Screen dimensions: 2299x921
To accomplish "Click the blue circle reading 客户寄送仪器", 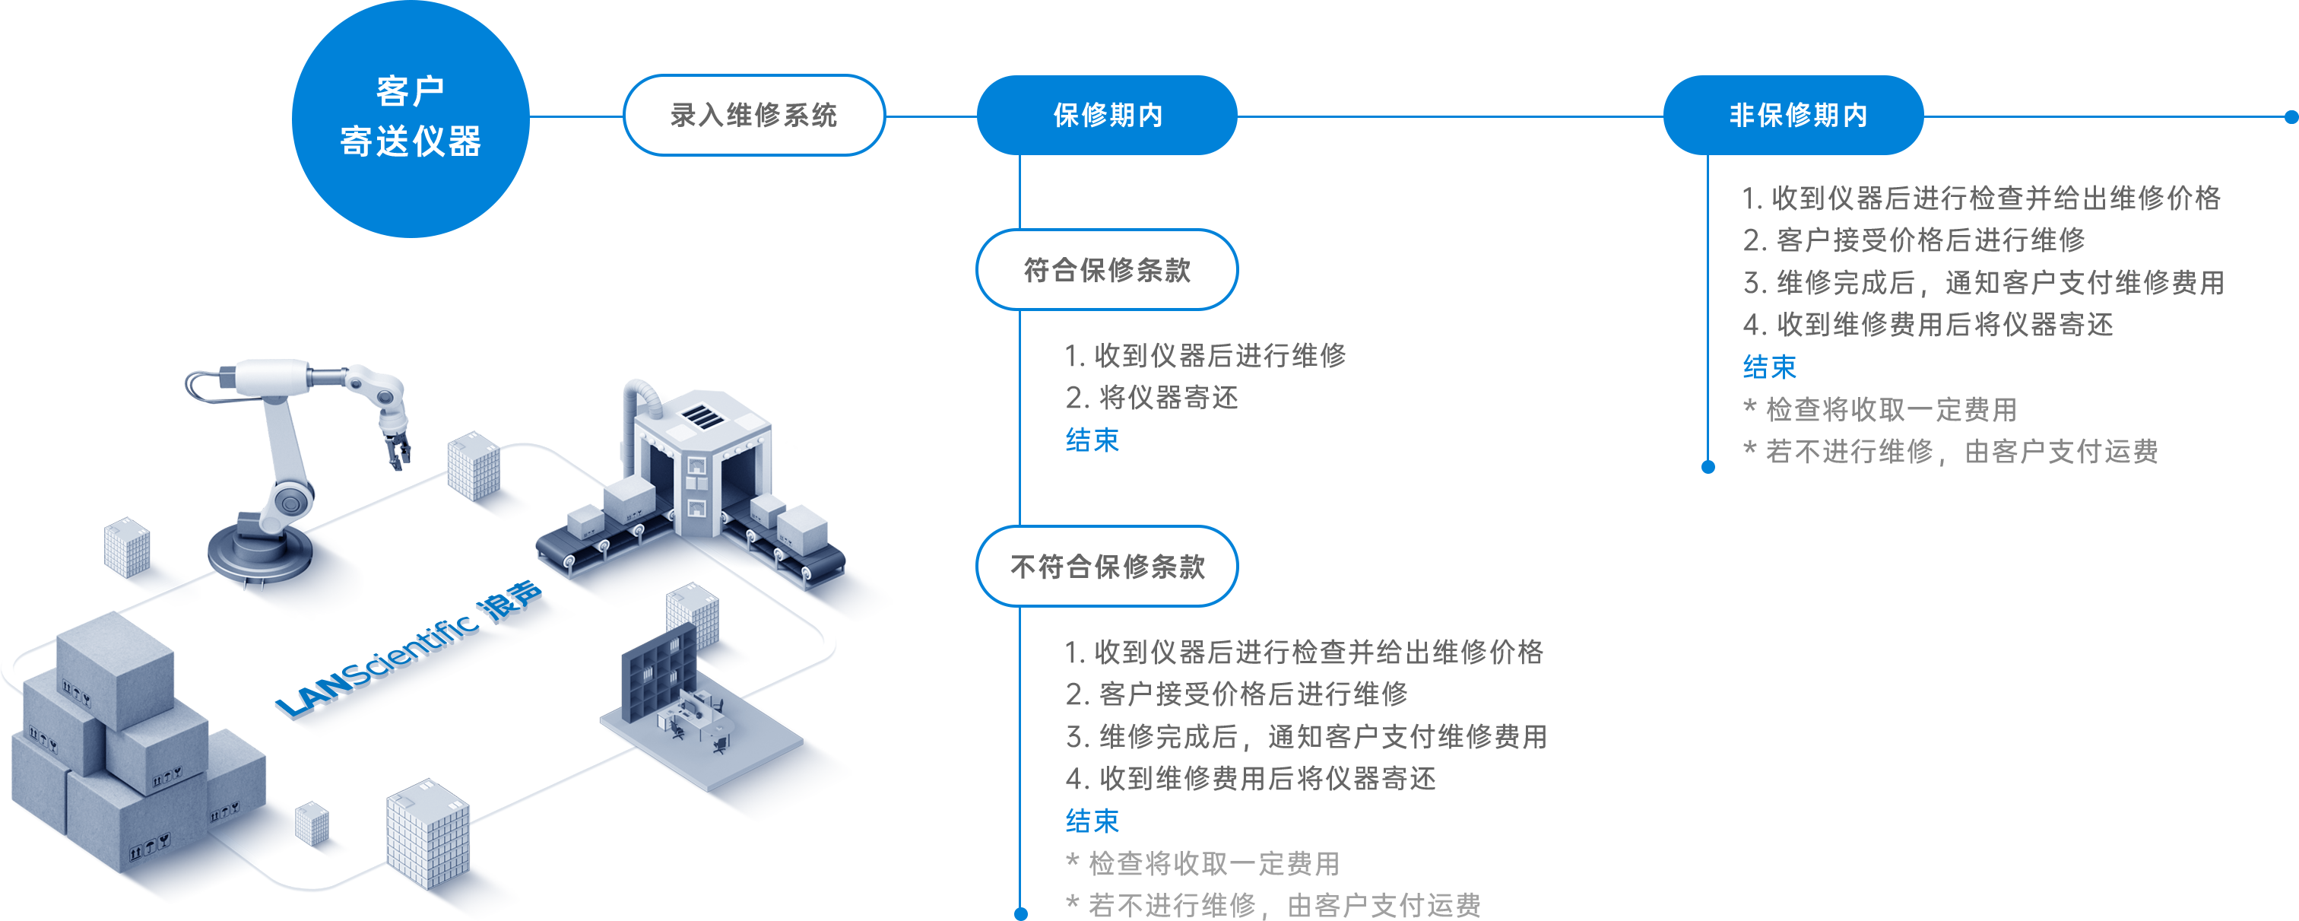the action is point(411,118).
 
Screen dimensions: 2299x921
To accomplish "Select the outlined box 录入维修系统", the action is point(754,115).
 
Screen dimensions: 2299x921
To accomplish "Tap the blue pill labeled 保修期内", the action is point(1108,115).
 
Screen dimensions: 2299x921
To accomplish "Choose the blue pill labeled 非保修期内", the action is point(1795,115).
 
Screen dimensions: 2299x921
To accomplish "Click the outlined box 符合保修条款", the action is point(1108,269).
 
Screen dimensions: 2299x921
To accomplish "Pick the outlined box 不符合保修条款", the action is point(1108,566).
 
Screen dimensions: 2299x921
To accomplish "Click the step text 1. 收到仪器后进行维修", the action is point(1206,355).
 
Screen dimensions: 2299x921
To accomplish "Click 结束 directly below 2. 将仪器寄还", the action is point(1092,440).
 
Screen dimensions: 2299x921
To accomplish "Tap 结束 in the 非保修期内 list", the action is point(1770,367).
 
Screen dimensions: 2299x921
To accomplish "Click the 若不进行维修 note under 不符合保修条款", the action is point(1273,905).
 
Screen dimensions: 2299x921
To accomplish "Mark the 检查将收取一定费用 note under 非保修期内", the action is point(1880,408).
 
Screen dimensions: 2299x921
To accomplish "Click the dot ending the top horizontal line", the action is point(2291,116).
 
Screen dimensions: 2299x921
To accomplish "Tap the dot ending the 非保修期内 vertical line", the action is point(1708,467).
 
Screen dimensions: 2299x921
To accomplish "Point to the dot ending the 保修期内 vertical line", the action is point(1021,913).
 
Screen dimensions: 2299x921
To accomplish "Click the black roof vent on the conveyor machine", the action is point(704,417).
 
